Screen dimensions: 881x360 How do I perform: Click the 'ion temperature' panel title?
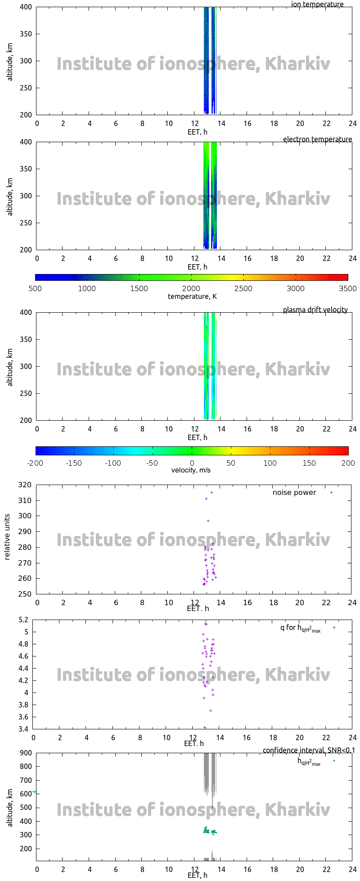(317, 4)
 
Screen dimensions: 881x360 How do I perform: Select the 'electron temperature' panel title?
(317, 139)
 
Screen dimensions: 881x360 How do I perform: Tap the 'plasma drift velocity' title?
(315, 310)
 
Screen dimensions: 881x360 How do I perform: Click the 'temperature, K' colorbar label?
(192, 297)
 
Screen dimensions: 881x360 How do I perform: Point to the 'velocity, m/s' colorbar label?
(191, 471)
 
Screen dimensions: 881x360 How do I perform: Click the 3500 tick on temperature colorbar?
(347, 289)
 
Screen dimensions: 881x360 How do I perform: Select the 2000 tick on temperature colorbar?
(191, 289)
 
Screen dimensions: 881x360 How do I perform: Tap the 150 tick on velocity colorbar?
(309, 463)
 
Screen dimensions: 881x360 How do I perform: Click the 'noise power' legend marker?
(332, 493)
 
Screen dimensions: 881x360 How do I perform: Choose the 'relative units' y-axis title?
(7, 539)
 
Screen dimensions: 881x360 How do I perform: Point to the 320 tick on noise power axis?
(26, 485)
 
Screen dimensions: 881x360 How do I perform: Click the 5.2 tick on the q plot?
(23, 620)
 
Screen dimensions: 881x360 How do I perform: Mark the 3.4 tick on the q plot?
(23, 729)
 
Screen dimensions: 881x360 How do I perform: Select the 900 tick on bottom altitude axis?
(26, 753)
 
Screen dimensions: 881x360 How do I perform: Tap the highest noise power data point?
(211, 493)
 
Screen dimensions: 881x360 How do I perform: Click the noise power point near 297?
(208, 521)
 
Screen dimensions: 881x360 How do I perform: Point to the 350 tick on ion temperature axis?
(26, 34)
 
